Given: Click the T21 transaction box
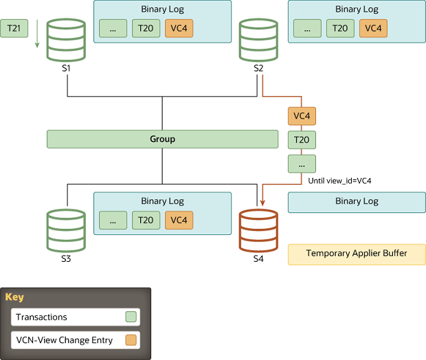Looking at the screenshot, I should (x=14, y=28).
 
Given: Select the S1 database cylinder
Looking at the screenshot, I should (x=66, y=41).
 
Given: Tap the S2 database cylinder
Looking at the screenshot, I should (x=258, y=41).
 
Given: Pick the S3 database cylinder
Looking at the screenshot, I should (x=66, y=232).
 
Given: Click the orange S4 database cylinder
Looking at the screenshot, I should (x=258, y=232).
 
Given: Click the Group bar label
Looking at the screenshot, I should (x=162, y=139).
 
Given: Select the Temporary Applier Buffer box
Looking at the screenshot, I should (x=356, y=254).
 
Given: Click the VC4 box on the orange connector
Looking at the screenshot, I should (x=302, y=116).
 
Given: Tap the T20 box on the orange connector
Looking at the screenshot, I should (x=302, y=139).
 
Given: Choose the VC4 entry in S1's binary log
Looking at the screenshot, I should (x=179, y=28).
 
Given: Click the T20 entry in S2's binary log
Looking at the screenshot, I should (x=339, y=28).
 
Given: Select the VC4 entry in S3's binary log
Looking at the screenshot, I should (x=179, y=220).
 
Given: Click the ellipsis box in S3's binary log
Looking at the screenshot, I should (x=113, y=220).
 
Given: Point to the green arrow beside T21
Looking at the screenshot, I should (x=36, y=41).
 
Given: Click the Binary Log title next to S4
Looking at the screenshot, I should (x=356, y=201).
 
